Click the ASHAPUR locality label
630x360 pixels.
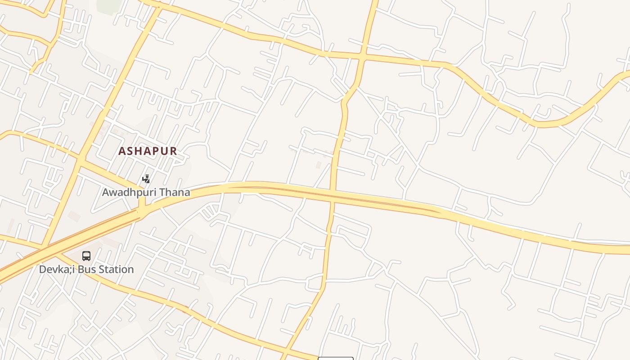(148, 151)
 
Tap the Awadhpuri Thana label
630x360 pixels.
(146, 193)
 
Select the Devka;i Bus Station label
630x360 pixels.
(86, 270)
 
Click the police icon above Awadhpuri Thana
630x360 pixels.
(146, 179)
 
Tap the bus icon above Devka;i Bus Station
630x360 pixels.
(86, 256)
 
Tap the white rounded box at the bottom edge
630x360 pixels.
(336, 358)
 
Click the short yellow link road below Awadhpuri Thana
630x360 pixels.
(142, 207)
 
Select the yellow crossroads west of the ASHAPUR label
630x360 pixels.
(80, 158)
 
